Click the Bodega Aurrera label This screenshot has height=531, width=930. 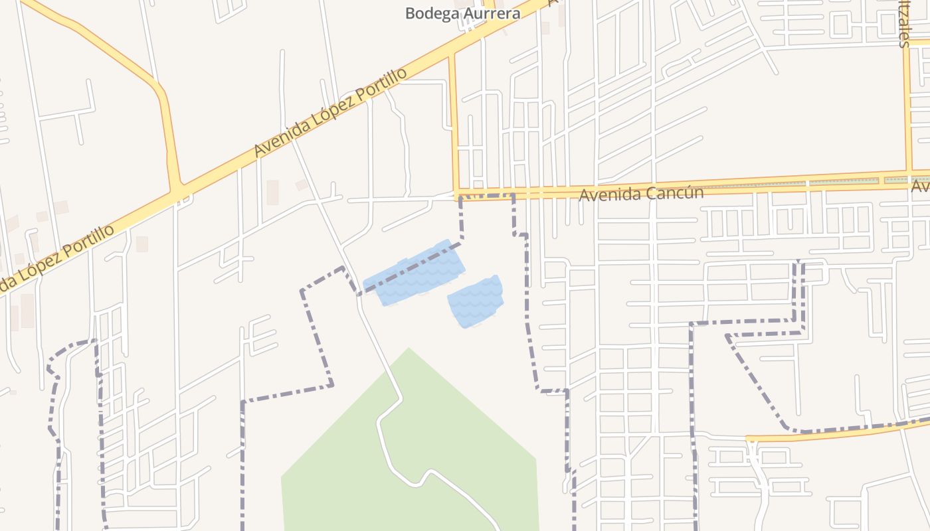coord(463,13)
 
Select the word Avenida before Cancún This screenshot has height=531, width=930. coord(609,195)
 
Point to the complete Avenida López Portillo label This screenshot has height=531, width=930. coord(330,113)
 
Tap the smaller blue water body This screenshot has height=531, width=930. coord(476,302)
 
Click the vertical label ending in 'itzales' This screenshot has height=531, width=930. coord(903,24)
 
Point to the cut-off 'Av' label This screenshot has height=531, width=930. coord(921,189)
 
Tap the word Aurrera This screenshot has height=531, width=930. coord(491,13)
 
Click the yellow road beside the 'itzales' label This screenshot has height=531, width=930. coord(906,106)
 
